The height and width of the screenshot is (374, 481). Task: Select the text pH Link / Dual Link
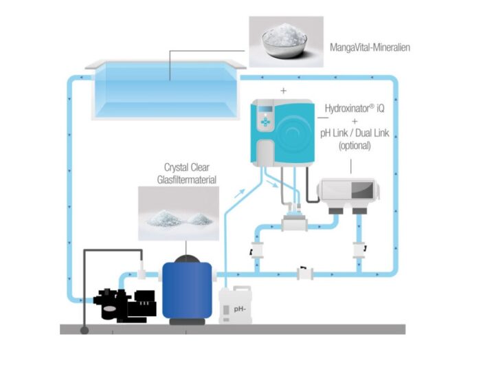(x=354, y=133)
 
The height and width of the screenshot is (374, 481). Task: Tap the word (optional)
(x=355, y=145)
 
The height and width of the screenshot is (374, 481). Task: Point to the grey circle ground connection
(x=85, y=331)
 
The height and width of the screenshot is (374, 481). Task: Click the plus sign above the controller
(x=282, y=90)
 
